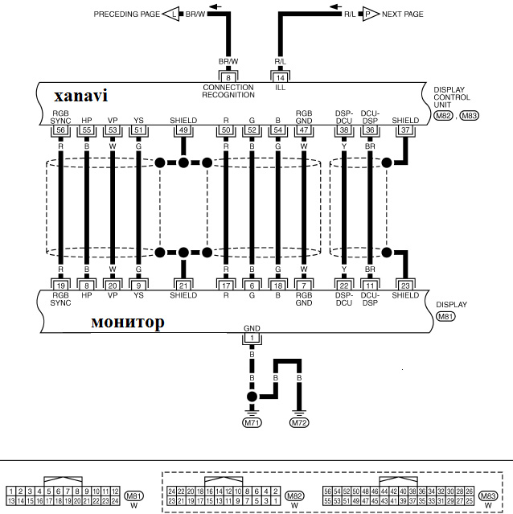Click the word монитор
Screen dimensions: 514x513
(x=128, y=322)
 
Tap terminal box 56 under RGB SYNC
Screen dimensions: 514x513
(x=60, y=130)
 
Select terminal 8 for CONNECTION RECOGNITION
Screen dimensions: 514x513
(x=228, y=77)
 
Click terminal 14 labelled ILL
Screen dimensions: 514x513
(x=280, y=77)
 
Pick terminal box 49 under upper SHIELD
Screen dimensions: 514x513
(x=183, y=130)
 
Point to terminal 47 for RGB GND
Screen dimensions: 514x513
(x=303, y=130)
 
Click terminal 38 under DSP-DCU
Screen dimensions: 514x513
(x=344, y=130)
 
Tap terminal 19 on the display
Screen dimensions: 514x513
(x=60, y=285)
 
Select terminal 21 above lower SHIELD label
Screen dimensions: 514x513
(x=183, y=285)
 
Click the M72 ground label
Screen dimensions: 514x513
(x=299, y=422)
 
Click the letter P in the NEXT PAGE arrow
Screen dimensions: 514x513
(x=367, y=14)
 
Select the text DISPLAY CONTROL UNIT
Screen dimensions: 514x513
(x=450, y=97)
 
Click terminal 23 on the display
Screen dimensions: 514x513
(x=405, y=285)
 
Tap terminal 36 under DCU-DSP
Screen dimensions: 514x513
(x=370, y=130)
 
